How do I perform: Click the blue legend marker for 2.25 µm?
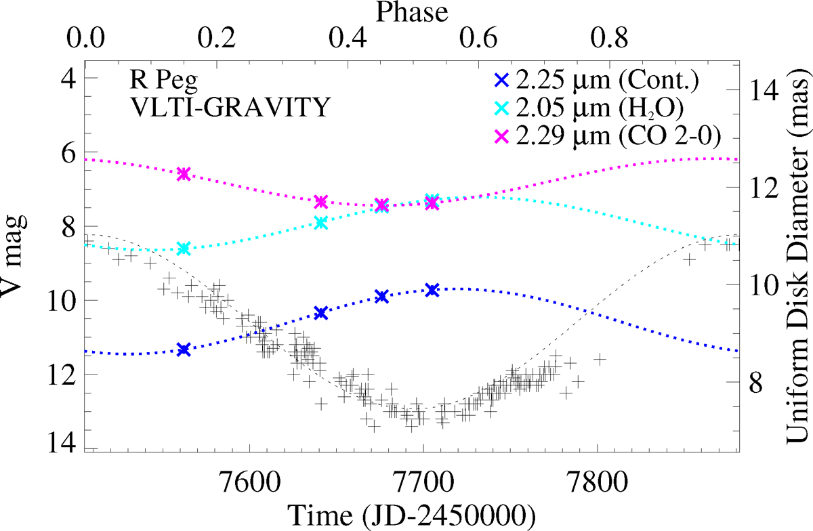[x=501, y=81]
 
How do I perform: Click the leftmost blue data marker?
[x=183, y=349]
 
